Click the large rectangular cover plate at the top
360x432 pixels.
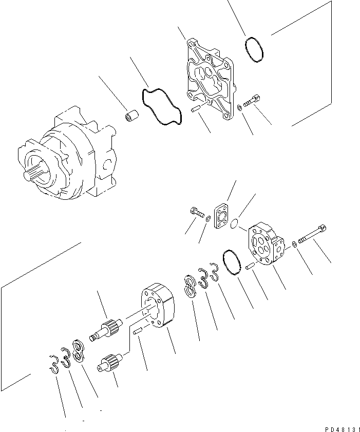tap(210, 77)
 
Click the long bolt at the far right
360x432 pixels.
tap(313, 234)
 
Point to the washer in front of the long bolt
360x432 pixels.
tap(293, 243)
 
